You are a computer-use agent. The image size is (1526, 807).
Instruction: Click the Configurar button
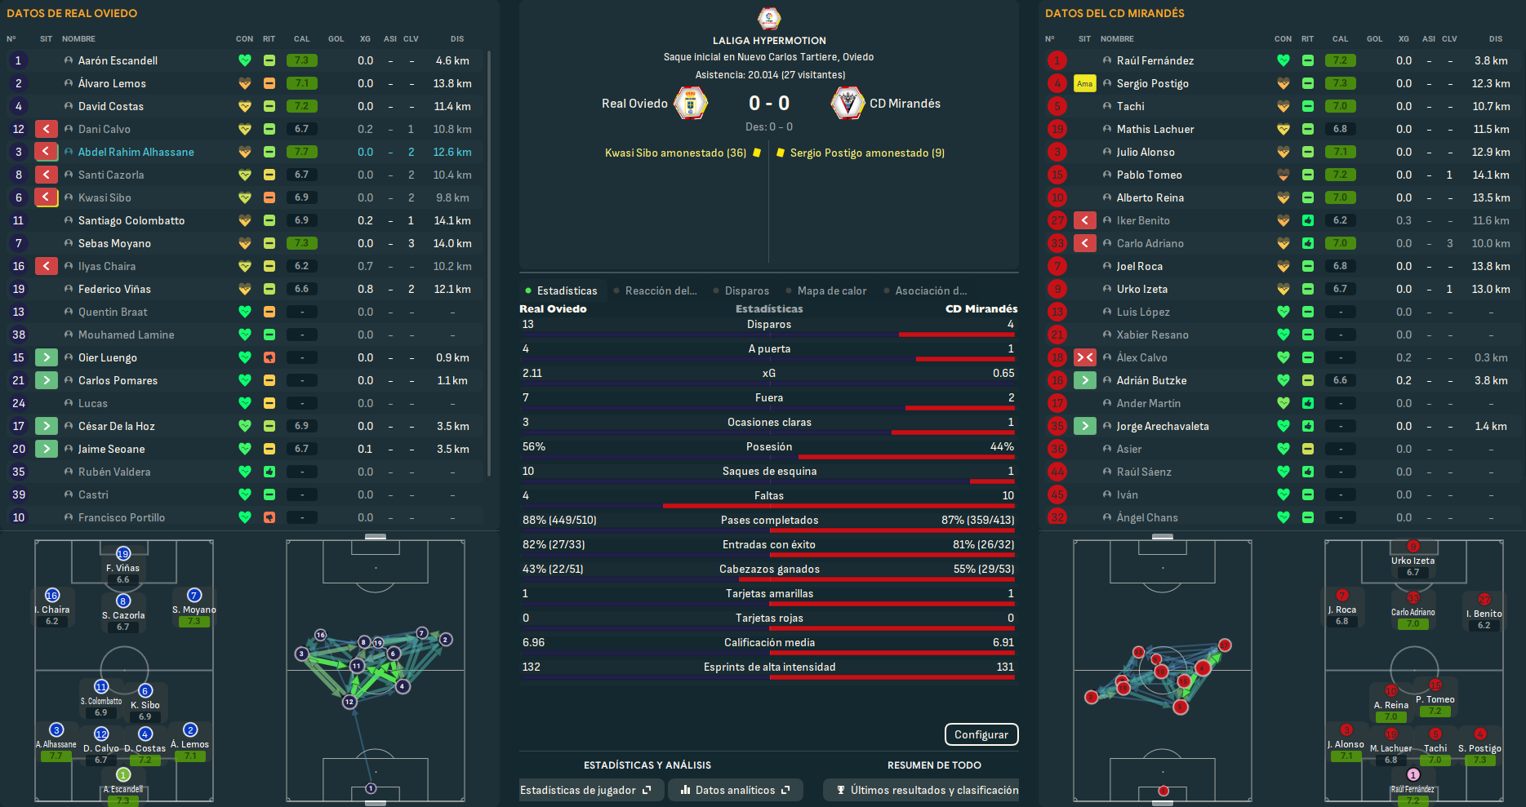click(981, 734)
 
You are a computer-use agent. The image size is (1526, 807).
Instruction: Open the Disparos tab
click(746, 290)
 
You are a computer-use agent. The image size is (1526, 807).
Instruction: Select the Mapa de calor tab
click(831, 290)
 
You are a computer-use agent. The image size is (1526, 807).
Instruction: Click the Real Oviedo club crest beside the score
click(691, 104)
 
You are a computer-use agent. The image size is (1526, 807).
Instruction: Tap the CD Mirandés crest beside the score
click(848, 104)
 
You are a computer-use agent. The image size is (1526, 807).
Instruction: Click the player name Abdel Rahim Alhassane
click(136, 152)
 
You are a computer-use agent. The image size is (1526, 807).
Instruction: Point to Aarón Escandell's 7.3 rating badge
click(302, 60)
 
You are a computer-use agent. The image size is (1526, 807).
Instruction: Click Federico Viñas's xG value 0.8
click(365, 289)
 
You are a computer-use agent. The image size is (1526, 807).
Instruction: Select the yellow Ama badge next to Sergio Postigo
click(1084, 83)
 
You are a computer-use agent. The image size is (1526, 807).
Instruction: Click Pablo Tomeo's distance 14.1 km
click(1490, 175)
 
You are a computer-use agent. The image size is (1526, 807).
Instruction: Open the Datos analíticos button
click(735, 790)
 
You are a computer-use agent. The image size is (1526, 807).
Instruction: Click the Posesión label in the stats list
click(768, 446)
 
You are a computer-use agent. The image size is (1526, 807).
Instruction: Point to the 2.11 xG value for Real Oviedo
click(532, 373)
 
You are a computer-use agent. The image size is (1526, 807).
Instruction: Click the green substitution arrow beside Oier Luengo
click(47, 357)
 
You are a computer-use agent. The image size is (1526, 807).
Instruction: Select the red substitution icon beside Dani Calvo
click(47, 129)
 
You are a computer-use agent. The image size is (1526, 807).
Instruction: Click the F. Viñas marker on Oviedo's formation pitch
click(123, 554)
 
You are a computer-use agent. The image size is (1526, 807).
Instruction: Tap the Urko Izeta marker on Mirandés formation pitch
click(1413, 547)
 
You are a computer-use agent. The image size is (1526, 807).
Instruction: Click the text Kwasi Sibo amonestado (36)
click(675, 153)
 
